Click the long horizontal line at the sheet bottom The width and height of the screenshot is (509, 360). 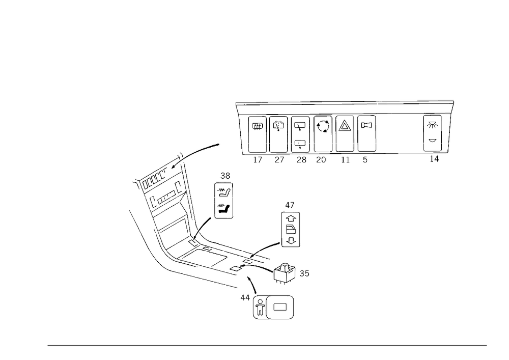click(267, 345)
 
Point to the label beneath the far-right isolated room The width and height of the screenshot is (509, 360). click(434, 161)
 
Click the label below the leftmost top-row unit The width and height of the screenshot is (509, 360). click(258, 161)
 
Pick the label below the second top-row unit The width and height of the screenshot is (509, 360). click(279, 161)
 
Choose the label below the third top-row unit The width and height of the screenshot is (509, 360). click(300, 161)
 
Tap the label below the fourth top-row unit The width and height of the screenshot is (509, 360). click(322, 161)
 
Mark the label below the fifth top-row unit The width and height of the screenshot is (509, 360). click(345, 161)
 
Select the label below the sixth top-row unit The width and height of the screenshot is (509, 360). click(365, 161)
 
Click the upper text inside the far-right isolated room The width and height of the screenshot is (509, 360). click(433, 124)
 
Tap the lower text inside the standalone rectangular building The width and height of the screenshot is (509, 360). click(222, 206)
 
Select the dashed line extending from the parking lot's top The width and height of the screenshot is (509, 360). click(204, 149)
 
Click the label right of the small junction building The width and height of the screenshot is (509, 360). click(306, 275)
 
